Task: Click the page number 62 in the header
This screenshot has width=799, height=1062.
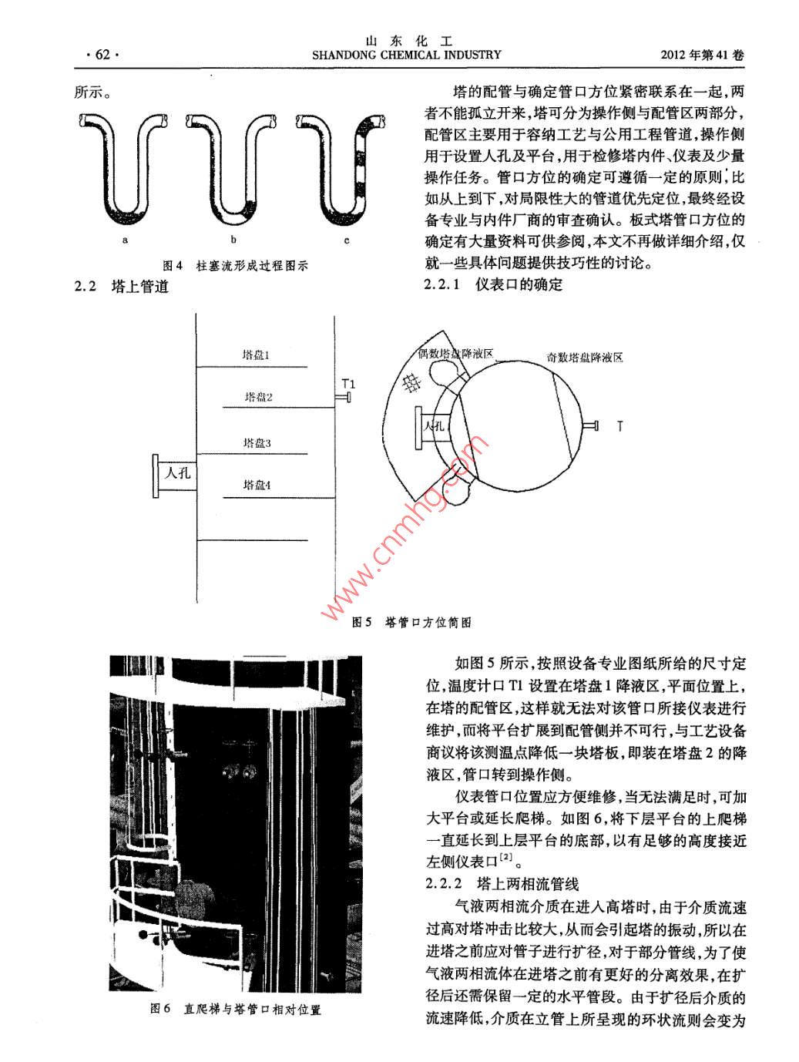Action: pos(102,55)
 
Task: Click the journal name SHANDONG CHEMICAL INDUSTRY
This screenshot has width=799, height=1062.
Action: pos(406,55)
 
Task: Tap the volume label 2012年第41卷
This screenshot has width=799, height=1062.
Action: pos(703,55)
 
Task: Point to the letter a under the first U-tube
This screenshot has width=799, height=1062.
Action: pos(125,240)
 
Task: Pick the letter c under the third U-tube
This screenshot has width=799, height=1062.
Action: pos(347,240)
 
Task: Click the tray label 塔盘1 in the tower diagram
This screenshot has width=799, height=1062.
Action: pos(256,355)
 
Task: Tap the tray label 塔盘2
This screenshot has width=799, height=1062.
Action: pos(259,397)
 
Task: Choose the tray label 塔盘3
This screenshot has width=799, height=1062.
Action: pos(257,443)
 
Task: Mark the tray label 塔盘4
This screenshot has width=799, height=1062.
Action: pos(257,485)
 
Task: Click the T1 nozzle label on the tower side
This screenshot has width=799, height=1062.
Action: pos(349,383)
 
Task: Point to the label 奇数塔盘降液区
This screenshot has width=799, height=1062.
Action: pos(585,358)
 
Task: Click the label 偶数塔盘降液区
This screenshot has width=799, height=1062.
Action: pos(455,354)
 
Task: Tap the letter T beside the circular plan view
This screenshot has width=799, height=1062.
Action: pos(619,425)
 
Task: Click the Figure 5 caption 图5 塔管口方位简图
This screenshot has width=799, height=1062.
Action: pos(411,622)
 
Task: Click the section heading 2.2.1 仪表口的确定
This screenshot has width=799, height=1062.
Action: pos(493,284)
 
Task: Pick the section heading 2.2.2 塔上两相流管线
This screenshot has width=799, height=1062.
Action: pos(502,882)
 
